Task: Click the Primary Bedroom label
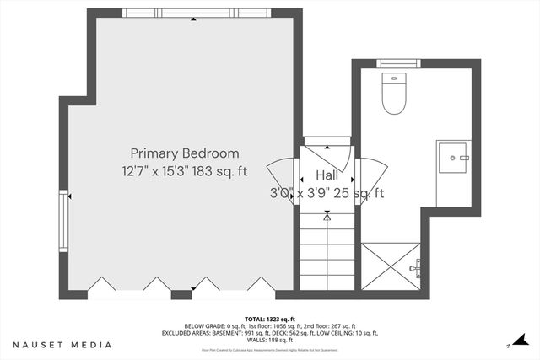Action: pos(184,153)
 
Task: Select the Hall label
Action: pos(327,175)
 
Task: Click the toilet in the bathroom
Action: pos(392,94)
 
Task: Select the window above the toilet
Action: pos(392,63)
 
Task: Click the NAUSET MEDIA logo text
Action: pos(62,345)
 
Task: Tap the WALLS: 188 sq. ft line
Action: pos(269,339)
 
